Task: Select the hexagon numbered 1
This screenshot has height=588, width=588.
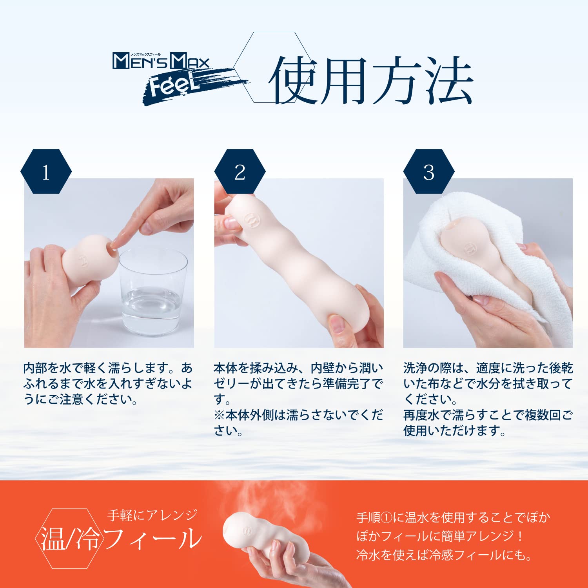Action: point(46,172)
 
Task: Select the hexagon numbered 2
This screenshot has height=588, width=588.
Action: point(240,172)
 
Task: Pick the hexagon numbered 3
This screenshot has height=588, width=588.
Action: point(429,172)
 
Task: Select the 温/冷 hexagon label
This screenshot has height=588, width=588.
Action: point(69,539)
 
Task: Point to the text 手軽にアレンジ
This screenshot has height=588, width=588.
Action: point(152,515)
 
